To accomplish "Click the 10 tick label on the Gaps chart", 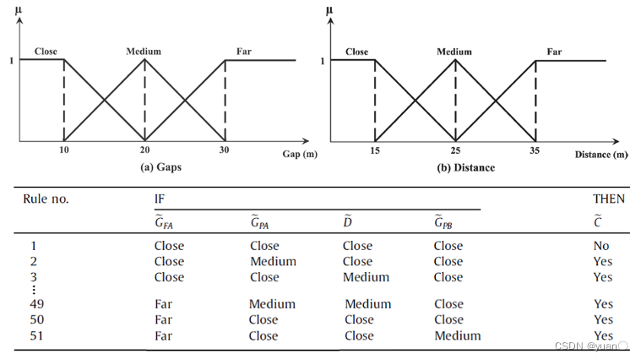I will [x=63, y=150].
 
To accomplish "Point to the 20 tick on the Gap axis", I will [x=144, y=150].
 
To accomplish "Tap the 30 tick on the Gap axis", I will [x=224, y=150].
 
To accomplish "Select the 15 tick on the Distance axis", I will [x=374, y=150].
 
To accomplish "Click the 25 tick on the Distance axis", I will [x=454, y=150].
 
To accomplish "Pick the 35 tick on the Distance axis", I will [x=535, y=150].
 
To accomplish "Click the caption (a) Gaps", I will [x=160, y=167].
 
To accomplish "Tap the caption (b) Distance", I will [x=465, y=167].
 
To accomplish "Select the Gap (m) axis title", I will [x=300, y=155].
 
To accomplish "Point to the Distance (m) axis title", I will [x=601, y=155].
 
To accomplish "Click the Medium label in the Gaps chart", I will [x=144, y=52].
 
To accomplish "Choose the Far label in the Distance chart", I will [x=554, y=52].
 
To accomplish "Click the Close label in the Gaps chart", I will [x=46, y=52].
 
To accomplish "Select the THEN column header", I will [x=609, y=199].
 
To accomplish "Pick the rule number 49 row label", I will [x=36, y=304].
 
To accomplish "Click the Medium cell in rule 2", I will [x=273, y=261].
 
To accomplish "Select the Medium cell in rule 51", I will [x=457, y=335].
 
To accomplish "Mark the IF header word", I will [x=160, y=199].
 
